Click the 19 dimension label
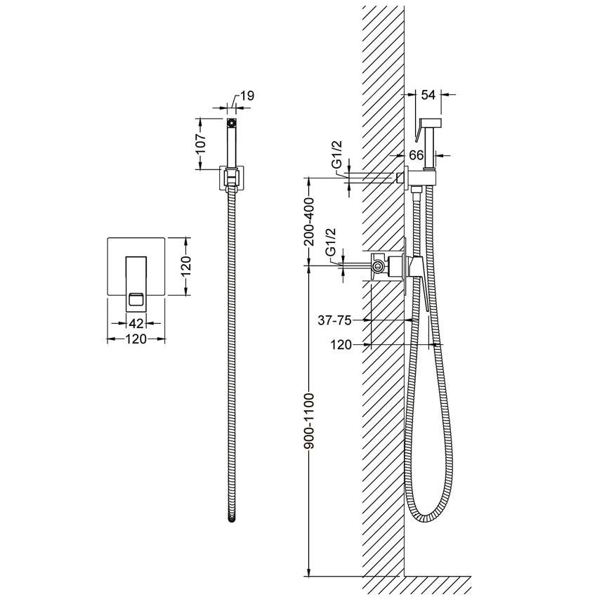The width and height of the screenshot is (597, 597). (x=247, y=96)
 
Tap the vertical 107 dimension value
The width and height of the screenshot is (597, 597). (x=202, y=143)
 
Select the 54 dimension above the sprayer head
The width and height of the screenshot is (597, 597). (x=428, y=94)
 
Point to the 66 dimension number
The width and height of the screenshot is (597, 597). (x=416, y=155)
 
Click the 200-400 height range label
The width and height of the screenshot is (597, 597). (x=310, y=222)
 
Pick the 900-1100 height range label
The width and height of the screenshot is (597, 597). (x=310, y=421)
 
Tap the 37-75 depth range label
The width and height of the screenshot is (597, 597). (x=334, y=320)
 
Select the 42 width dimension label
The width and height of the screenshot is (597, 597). (x=136, y=323)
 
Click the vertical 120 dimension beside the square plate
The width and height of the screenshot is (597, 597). (x=186, y=266)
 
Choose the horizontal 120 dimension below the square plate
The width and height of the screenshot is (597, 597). (x=136, y=339)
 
